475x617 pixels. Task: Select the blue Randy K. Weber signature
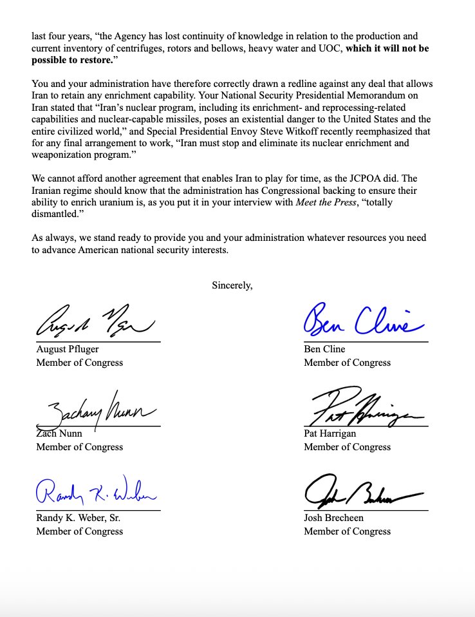pyautogui.click(x=95, y=493)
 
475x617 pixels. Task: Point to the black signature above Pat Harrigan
pyautogui.click(x=365, y=408)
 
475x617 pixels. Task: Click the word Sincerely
pyautogui.click(x=232, y=285)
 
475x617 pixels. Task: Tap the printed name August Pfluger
pyautogui.click(x=68, y=350)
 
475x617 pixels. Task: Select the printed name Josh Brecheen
pyautogui.click(x=333, y=518)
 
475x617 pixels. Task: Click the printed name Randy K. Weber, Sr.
pyautogui.click(x=78, y=518)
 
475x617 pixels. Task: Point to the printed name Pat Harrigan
pyautogui.click(x=330, y=434)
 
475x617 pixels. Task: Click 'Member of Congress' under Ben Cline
pyautogui.click(x=347, y=362)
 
